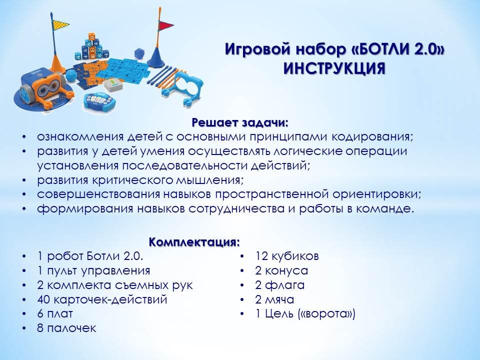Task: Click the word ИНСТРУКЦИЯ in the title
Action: [x=334, y=68]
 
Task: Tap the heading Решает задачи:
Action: [x=240, y=122]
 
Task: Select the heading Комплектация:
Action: [x=194, y=242]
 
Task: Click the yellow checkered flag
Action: [x=60, y=24]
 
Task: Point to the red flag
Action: [x=166, y=25]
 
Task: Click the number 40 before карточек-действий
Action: [x=43, y=299]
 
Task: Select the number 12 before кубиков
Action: [x=261, y=256]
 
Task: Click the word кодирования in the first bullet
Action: [x=372, y=137]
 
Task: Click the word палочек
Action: [x=71, y=328]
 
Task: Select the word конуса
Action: [x=286, y=270]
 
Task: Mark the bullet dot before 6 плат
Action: [x=24, y=314]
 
